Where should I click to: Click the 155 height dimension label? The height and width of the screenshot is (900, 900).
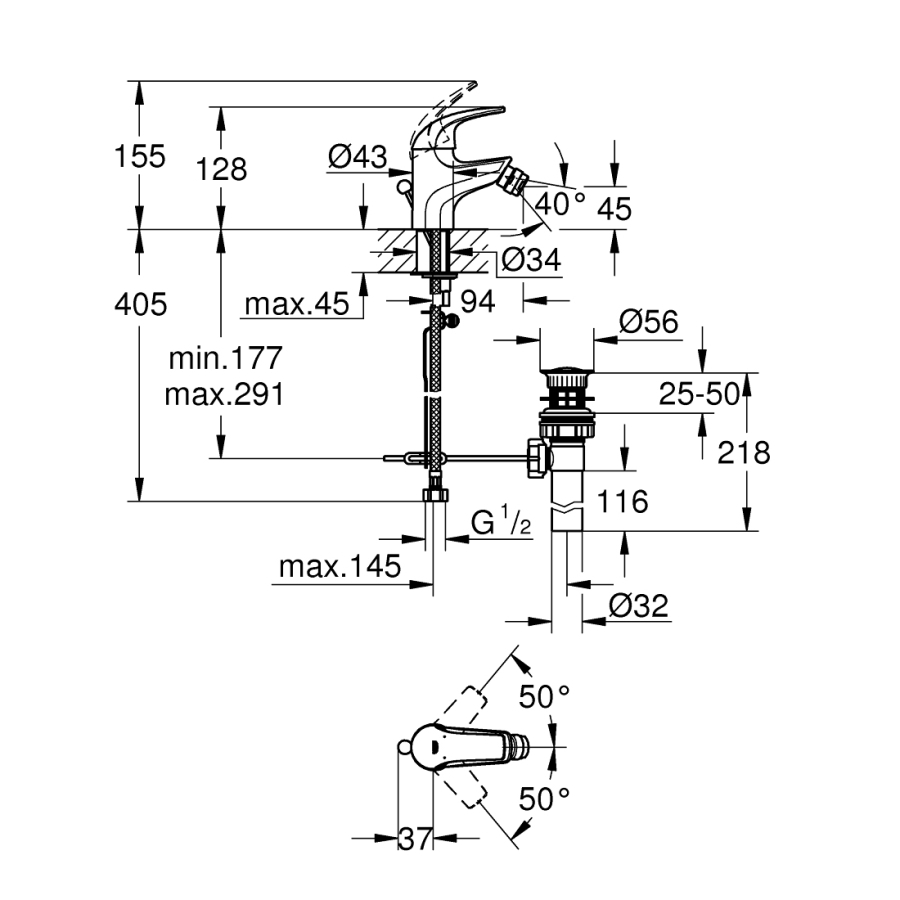[139, 157]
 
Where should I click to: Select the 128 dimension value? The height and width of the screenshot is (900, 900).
[222, 169]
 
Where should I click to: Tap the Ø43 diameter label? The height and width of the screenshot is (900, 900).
[357, 156]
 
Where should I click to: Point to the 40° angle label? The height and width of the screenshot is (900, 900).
[560, 203]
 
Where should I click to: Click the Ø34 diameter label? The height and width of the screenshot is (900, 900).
[530, 259]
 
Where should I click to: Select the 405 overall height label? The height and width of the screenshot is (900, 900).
[139, 303]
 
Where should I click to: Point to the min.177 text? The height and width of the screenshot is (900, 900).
[225, 357]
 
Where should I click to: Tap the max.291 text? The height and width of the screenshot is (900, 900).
[225, 394]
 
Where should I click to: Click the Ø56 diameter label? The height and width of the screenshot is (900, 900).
[648, 322]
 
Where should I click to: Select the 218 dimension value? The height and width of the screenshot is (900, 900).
[744, 453]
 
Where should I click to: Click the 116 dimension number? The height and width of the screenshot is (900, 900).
[622, 502]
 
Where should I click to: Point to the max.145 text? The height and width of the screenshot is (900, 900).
[340, 567]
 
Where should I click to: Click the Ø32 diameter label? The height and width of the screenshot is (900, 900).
[638, 605]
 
